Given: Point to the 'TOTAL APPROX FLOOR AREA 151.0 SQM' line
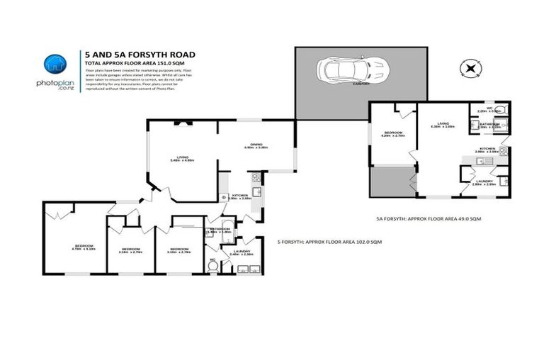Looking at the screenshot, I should (130, 64).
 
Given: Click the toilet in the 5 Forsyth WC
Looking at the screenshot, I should (212, 267).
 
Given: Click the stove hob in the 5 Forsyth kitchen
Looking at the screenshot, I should (224, 197).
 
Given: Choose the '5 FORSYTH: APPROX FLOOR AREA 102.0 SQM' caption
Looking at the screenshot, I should (329, 242).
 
